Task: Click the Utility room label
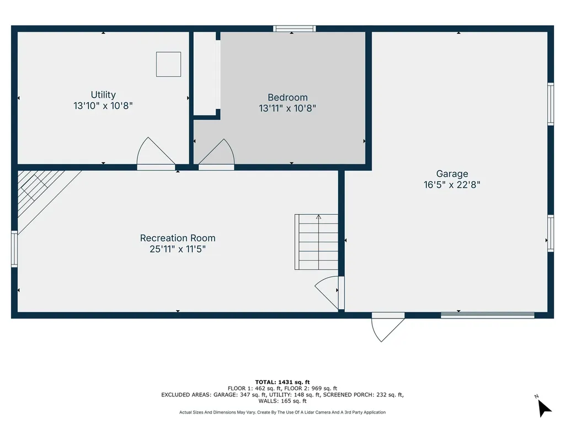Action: [103, 95]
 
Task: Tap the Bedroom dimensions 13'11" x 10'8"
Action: [287, 109]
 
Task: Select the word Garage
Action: [452, 173]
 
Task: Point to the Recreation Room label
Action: [178, 238]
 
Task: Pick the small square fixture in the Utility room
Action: [168, 64]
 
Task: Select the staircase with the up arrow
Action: [316, 242]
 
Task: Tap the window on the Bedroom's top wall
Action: [295, 28]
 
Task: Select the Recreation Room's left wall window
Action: [14, 249]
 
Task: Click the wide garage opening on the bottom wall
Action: [487, 315]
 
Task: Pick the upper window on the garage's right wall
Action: [550, 104]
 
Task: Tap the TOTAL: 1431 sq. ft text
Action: [282, 382]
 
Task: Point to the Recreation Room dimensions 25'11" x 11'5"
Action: [178, 250]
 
